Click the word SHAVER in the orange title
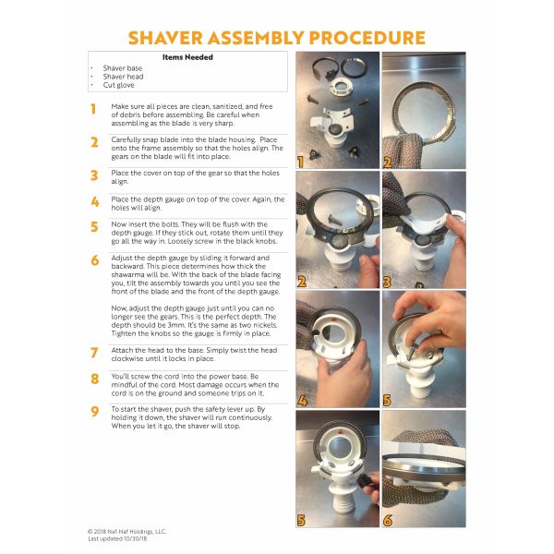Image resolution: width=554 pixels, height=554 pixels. click(x=165, y=38)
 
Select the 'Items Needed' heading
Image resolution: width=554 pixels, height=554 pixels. click(x=187, y=57)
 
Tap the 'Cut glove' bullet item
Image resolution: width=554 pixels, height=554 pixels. click(x=118, y=85)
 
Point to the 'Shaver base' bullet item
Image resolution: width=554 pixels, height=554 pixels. click(x=122, y=68)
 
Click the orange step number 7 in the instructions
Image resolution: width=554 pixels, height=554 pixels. click(x=94, y=353)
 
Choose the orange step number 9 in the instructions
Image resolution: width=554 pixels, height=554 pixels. click(x=94, y=412)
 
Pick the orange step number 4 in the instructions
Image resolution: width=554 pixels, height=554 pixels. click(x=95, y=201)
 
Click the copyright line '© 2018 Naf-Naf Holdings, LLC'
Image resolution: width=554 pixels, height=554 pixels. click(x=126, y=532)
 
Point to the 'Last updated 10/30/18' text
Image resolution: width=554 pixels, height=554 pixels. click(x=117, y=539)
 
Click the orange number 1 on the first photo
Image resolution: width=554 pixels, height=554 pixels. click(x=301, y=163)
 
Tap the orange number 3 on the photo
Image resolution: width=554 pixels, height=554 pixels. click(x=387, y=282)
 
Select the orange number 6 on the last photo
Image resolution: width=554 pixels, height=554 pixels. click(x=388, y=521)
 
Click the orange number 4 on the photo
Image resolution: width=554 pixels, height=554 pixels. click(x=302, y=401)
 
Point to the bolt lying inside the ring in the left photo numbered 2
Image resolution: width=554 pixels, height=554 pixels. click(x=334, y=219)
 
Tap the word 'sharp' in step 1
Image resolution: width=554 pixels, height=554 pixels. click(x=224, y=124)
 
